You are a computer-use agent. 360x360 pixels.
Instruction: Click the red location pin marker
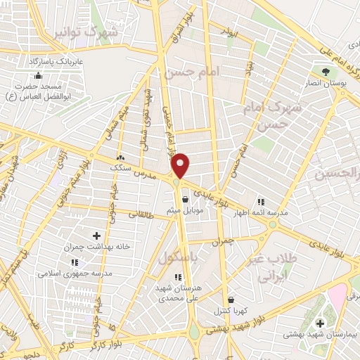point(181,166)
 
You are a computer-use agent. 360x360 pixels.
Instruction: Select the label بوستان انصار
point(325,83)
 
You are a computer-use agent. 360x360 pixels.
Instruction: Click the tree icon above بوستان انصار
point(325,72)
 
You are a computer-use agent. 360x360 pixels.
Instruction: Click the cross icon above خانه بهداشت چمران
point(96,236)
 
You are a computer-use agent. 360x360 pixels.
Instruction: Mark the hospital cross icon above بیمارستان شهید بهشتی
point(321,323)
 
